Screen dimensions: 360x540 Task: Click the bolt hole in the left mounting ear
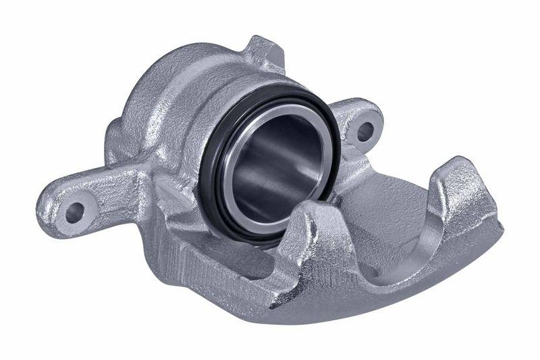pos(74,212)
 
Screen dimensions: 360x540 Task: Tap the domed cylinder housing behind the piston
pos(169,95)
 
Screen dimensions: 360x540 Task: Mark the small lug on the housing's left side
pos(113,135)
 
